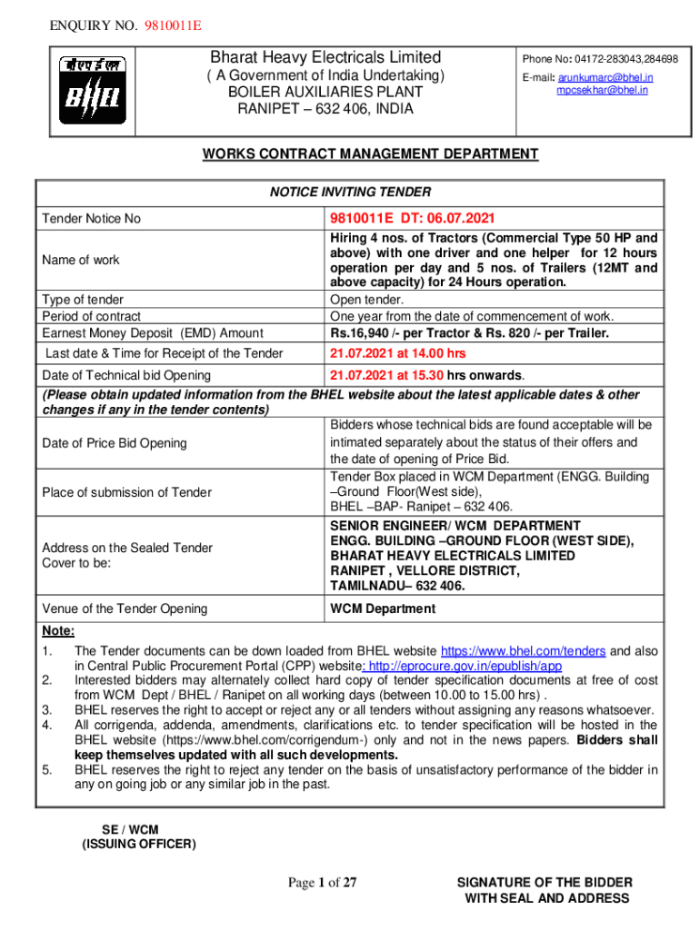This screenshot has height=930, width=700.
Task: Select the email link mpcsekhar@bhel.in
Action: click(602, 91)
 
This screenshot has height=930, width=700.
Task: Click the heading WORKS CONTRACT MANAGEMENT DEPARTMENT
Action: click(370, 154)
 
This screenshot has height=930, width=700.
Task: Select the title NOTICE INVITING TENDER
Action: click(350, 192)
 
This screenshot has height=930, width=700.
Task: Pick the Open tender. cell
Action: click(366, 299)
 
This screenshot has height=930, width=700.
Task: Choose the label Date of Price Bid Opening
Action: click(115, 443)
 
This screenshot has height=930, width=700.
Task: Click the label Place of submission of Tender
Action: click(126, 492)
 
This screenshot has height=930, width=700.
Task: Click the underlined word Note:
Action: click(58, 632)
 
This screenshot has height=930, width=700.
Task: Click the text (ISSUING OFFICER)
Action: click(138, 844)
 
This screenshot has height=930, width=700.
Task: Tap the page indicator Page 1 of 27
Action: click(323, 883)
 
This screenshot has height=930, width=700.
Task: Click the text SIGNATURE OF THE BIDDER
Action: click(545, 882)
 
